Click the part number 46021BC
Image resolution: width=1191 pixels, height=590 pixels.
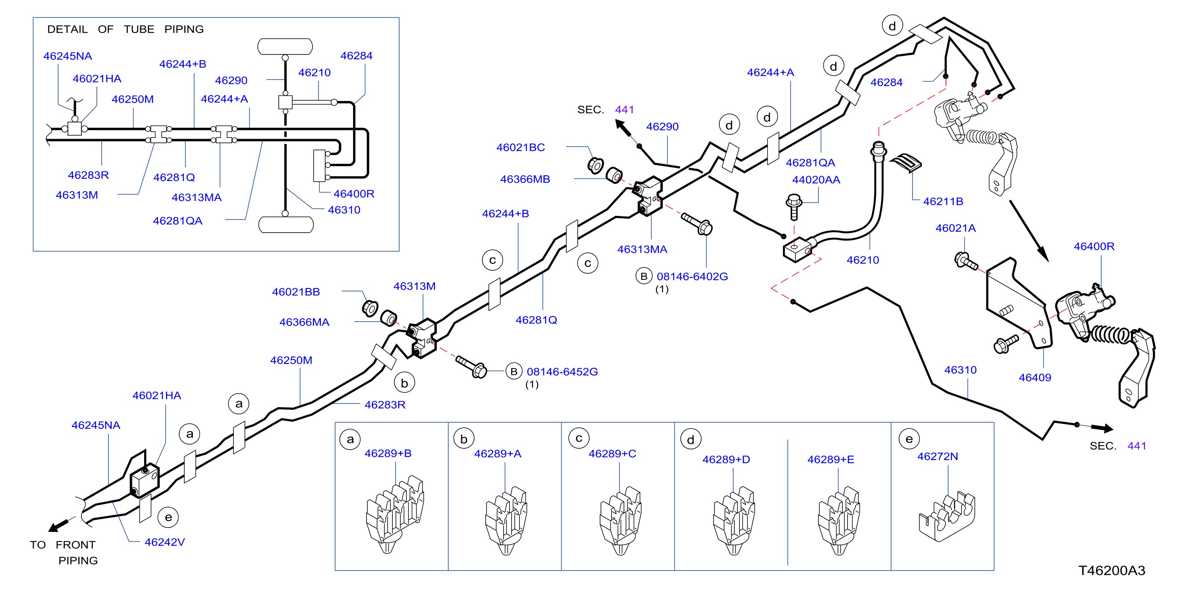[x=520, y=147]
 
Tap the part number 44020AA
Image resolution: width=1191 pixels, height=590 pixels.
[x=816, y=180]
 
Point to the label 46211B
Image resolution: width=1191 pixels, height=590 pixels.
[x=943, y=201]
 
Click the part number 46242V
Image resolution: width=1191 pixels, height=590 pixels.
[x=164, y=542]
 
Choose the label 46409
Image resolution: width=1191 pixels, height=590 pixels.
[x=1035, y=378]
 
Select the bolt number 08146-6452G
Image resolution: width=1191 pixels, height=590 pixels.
[x=562, y=372]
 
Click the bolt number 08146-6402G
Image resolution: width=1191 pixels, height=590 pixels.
[x=692, y=276]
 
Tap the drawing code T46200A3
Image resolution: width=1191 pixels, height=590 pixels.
[x=1112, y=570]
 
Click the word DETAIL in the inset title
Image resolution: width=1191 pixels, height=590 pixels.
[x=68, y=29]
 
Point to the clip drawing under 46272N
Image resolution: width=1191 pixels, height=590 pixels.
[x=946, y=517]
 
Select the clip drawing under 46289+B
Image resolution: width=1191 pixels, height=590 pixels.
[x=395, y=514]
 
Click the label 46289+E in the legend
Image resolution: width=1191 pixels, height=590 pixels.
[x=830, y=460]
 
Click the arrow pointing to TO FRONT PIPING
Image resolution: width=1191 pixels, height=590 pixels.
[x=62, y=524]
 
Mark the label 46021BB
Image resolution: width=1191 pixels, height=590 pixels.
[x=296, y=292]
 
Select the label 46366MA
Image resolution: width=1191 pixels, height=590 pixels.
[x=304, y=322]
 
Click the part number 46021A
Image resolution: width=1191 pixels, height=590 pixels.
[x=955, y=228]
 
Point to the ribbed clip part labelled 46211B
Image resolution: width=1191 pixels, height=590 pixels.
[x=906, y=163]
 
